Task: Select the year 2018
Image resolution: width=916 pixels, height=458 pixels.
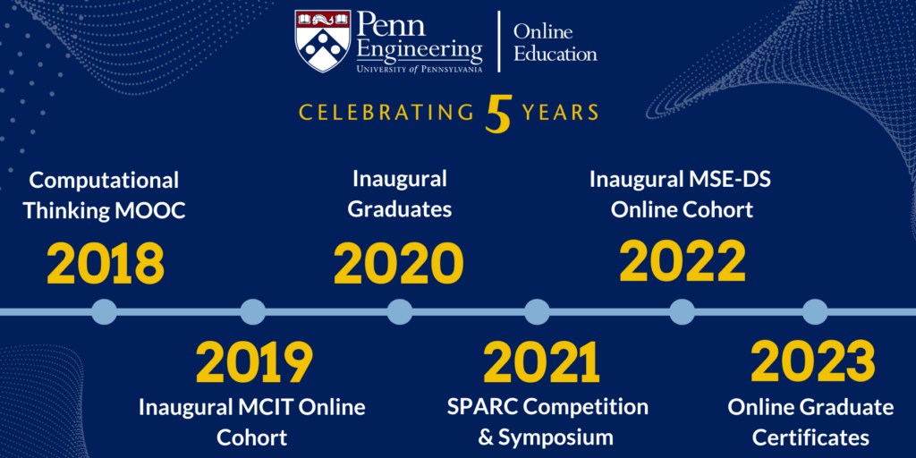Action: pyautogui.click(x=106, y=264)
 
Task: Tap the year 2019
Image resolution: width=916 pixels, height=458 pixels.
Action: pyautogui.click(x=254, y=362)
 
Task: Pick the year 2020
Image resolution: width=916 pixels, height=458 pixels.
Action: pyautogui.click(x=399, y=264)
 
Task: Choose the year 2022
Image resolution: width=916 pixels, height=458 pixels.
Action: pyautogui.click(x=683, y=262)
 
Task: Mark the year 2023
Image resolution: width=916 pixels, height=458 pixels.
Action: pyautogui.click(x=812, y=362)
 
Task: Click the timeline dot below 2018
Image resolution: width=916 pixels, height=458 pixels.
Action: pyautogui.click(x=105, y=311)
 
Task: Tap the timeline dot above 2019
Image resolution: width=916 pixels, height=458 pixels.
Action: pyautogui.click(x=253, y=311)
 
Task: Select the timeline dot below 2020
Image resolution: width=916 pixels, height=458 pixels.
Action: pyautogui.click(x=400, y=311)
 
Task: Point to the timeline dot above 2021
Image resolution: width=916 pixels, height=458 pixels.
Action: pyautogui.click(x=537, y=311)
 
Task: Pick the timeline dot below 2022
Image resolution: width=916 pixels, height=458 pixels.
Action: pyautogui.click(x=683, y=311)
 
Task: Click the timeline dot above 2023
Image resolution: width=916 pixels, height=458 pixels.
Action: pyautogui.click(x=814, y=311)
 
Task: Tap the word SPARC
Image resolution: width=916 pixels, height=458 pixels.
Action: pyautogui.click(x=482, y=407)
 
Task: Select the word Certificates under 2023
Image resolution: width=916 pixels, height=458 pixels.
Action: pyautogui.click(x=810, y=437)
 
